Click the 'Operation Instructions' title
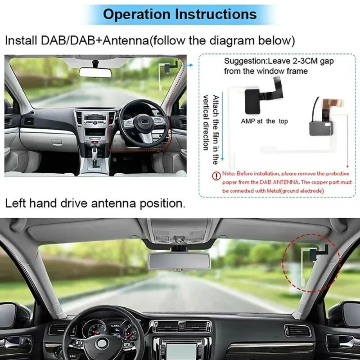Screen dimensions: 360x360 pyautogui.click(x=180, y=13)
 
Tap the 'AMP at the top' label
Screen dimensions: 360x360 pyautogui.click(x=264, y=121)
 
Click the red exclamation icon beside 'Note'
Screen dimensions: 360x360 pyautogui.click(x=217, y=175)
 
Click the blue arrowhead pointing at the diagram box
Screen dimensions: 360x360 pyautogui.click(x=191, y=65)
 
